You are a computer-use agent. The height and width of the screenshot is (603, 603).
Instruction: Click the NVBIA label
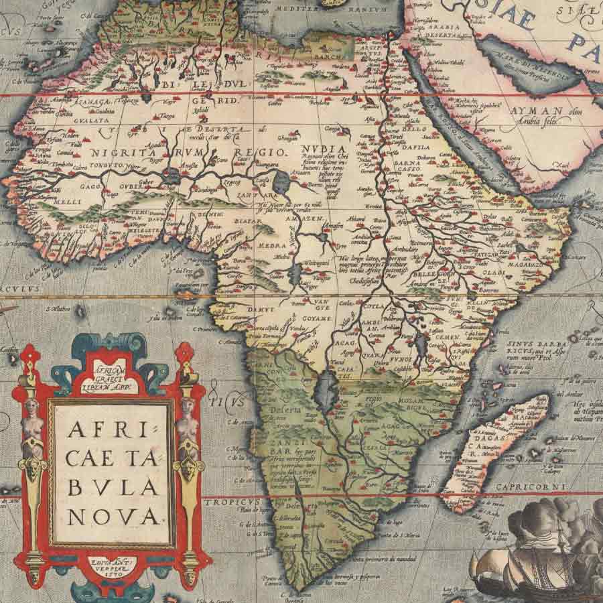[324, 149]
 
